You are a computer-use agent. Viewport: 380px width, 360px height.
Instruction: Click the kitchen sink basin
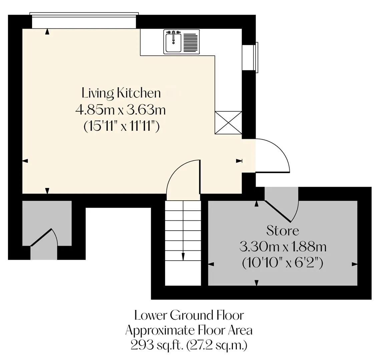[x=173, y=43]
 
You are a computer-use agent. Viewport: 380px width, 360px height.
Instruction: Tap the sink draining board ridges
[x=191, y=43]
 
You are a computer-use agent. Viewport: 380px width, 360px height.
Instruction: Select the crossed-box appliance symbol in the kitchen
[x=228, y=123]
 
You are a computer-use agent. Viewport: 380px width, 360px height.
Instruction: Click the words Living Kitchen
[x=121, y=93]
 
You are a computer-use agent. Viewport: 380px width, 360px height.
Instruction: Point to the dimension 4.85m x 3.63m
[x=120, y=110]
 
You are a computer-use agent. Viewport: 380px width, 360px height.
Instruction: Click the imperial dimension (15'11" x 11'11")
[x=121, y=126]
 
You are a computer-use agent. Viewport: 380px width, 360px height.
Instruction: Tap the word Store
[x=283, y=230]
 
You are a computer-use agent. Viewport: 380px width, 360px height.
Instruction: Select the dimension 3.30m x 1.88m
[x=283, y=247]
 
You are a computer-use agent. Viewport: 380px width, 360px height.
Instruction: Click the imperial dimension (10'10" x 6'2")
[x=283, y=263]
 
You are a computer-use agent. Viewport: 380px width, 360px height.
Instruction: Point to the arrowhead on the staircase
[x=183, y=256]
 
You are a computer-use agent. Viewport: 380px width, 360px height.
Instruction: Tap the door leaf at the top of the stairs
[x=200, y=176]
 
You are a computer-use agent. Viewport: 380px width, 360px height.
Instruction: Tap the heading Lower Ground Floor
[x=189, y=315]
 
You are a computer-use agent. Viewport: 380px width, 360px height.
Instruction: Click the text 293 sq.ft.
[x=157, y=345]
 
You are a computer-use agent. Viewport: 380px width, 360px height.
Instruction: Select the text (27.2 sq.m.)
[x=217, y=345]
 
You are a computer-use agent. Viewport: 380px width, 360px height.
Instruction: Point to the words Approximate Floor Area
[x=189, y=330]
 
